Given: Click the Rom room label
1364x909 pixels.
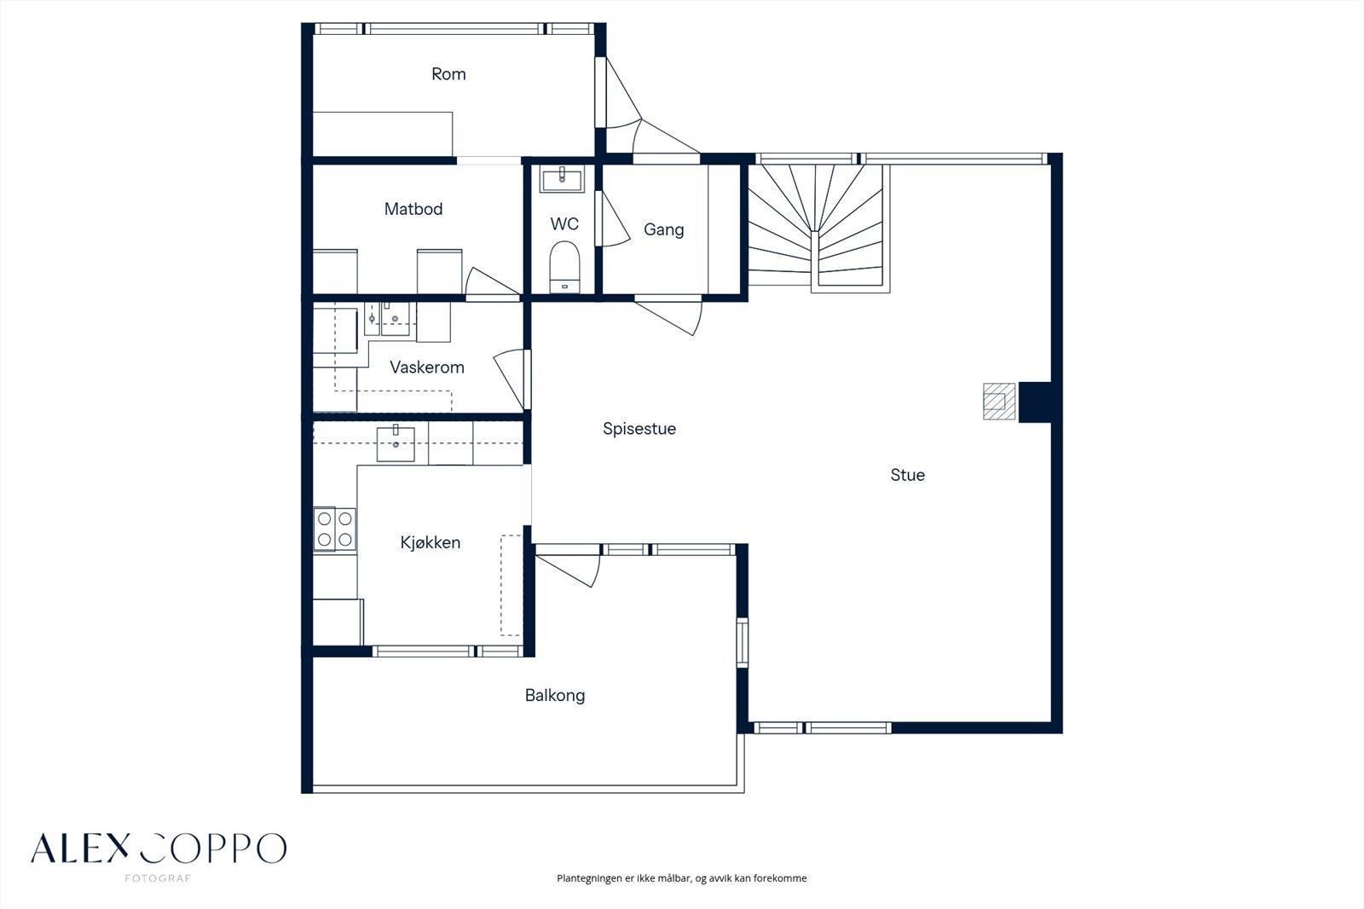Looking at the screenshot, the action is (448, 74).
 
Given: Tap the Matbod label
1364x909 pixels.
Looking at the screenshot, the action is (413, 209).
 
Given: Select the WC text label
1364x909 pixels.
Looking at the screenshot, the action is (564, 224).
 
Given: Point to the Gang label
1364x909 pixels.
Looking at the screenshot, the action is (664, 229).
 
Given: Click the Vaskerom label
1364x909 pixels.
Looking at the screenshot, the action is (427, 368).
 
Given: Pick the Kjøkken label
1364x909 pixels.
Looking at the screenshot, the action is (430, 543).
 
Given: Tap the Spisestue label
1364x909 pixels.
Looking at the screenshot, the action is (639, 429).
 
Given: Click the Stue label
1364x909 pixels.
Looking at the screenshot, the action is (907, 475).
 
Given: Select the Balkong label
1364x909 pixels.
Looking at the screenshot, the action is (555, 695).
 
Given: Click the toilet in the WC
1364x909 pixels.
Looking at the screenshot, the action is (564, 267).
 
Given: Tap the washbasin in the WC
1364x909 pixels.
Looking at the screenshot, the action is (562, 178).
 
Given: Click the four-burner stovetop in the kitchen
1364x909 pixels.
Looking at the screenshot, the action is (334, 529).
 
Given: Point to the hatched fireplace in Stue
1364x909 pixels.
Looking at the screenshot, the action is (999, 401).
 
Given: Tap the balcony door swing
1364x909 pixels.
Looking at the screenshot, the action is (568, 565).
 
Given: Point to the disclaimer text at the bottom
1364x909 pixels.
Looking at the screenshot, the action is (681, 878).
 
